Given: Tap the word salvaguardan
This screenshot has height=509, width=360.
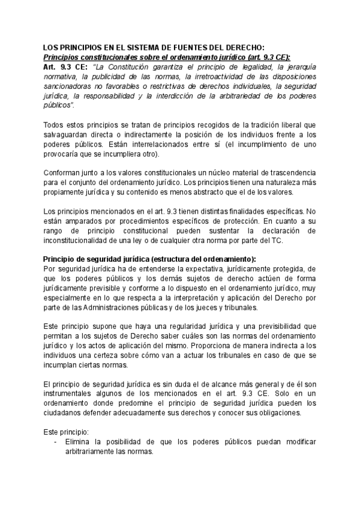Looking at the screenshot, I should [70, 134].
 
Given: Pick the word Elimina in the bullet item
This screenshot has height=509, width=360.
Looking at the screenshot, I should [78, 441].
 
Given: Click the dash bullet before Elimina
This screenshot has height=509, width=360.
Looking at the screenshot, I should [56, 441].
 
